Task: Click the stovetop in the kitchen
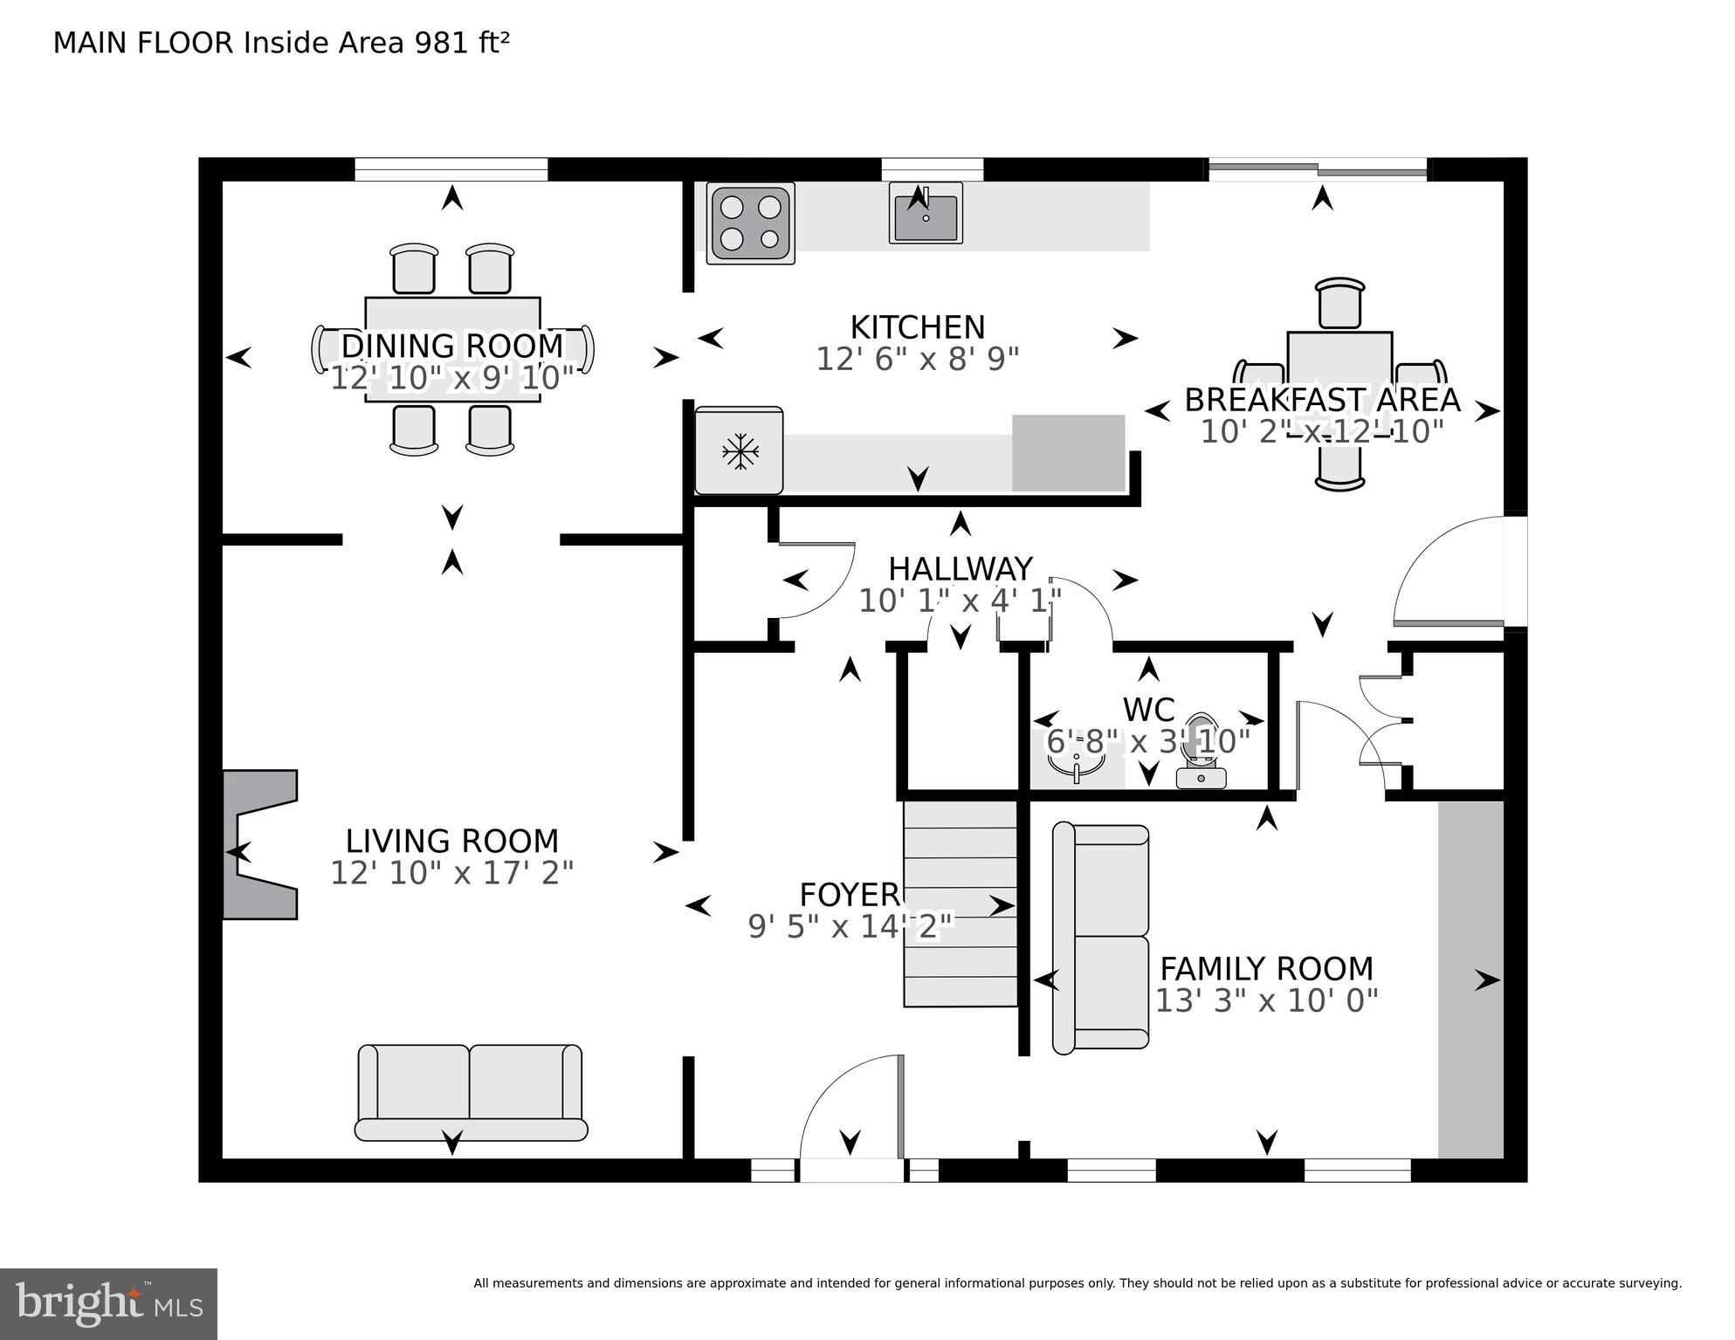[750, 223]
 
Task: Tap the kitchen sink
[926, 213]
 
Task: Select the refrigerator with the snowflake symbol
[739, 451]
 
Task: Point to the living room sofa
[471, 1092]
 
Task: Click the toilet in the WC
[1201, 756]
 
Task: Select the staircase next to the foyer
[960, 904]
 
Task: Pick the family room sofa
[1102, 937]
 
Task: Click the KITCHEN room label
[917, 327]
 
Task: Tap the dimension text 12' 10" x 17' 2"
[451, 873]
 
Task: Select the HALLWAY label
[960, 569]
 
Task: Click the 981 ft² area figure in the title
[462, 43]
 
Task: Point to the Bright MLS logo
[108, 1303]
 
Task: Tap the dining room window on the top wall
[451, 168]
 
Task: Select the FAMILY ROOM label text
[1266, 969]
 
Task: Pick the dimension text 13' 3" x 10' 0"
[1266, 1000]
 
